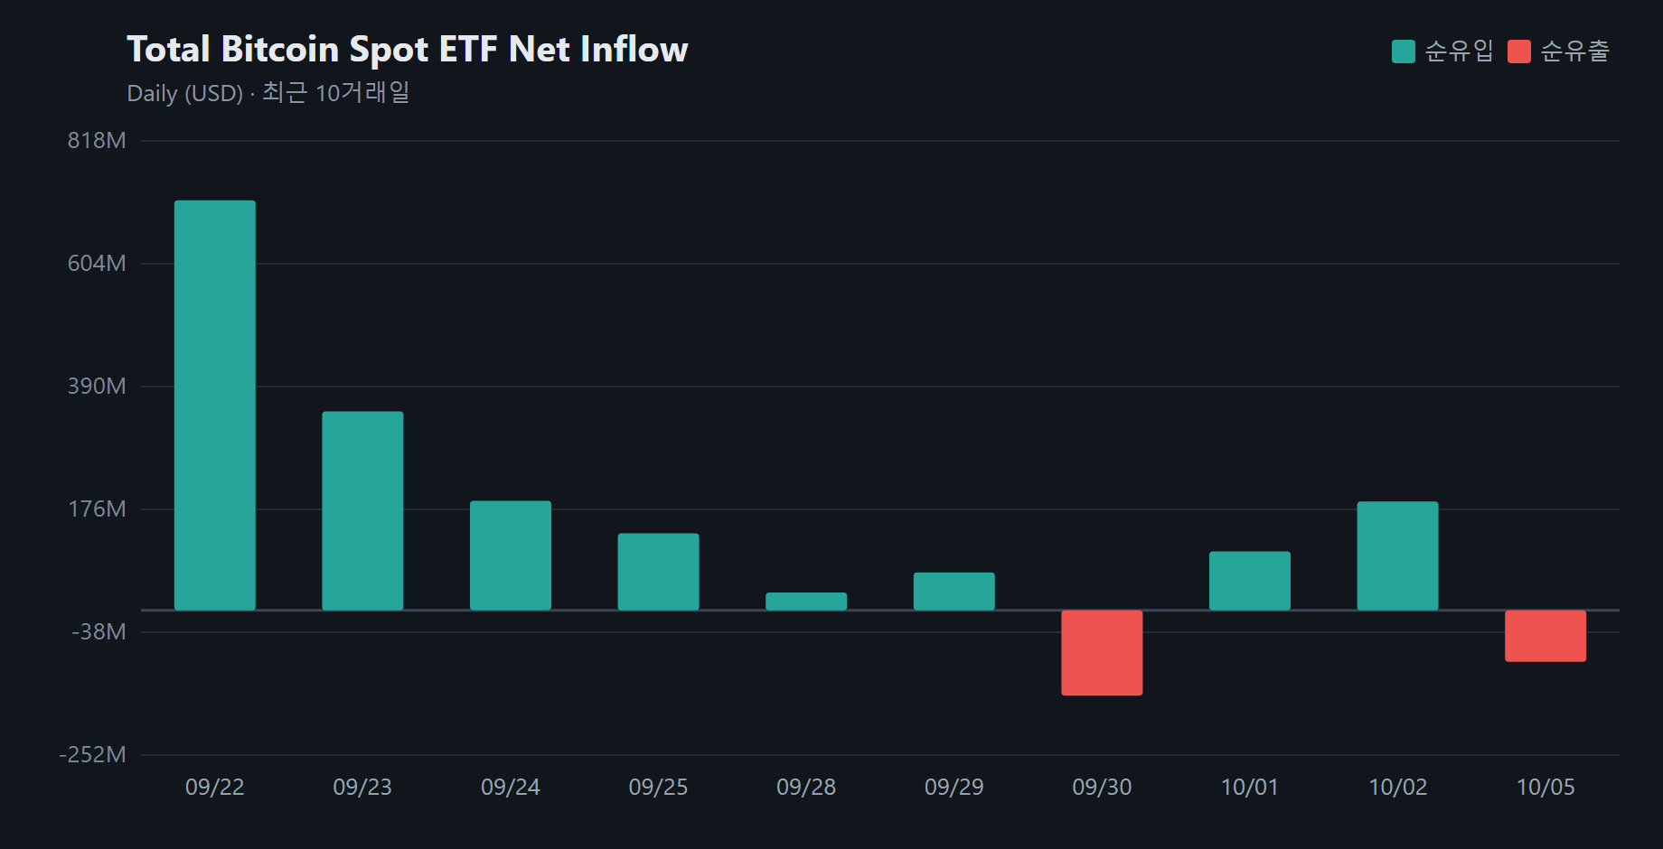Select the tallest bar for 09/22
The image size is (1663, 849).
[215, 406]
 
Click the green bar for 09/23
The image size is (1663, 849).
[362, 511]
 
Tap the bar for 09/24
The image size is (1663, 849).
[511, 555]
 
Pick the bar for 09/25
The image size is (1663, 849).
[658, 572]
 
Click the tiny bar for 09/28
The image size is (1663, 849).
[806, 602]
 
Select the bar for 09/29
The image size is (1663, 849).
[954, 592]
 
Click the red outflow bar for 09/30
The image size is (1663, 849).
[1102, 653]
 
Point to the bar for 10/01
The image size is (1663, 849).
[1250, 581]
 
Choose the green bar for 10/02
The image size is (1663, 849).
[1397, 556]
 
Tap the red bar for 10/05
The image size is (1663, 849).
[1546, 636]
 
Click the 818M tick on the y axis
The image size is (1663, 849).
[97, 141]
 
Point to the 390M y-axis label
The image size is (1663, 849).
[97, 387]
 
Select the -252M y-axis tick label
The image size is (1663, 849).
[92, 755]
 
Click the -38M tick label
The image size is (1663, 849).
[99, 632]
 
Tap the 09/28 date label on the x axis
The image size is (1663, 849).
[806, 788]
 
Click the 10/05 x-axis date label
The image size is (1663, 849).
[1546, 788]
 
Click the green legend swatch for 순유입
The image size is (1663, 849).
[1404, 51]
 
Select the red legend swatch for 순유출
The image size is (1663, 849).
[1519, 51]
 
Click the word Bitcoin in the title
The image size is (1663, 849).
[280, 50]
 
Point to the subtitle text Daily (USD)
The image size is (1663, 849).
[185, 94]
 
